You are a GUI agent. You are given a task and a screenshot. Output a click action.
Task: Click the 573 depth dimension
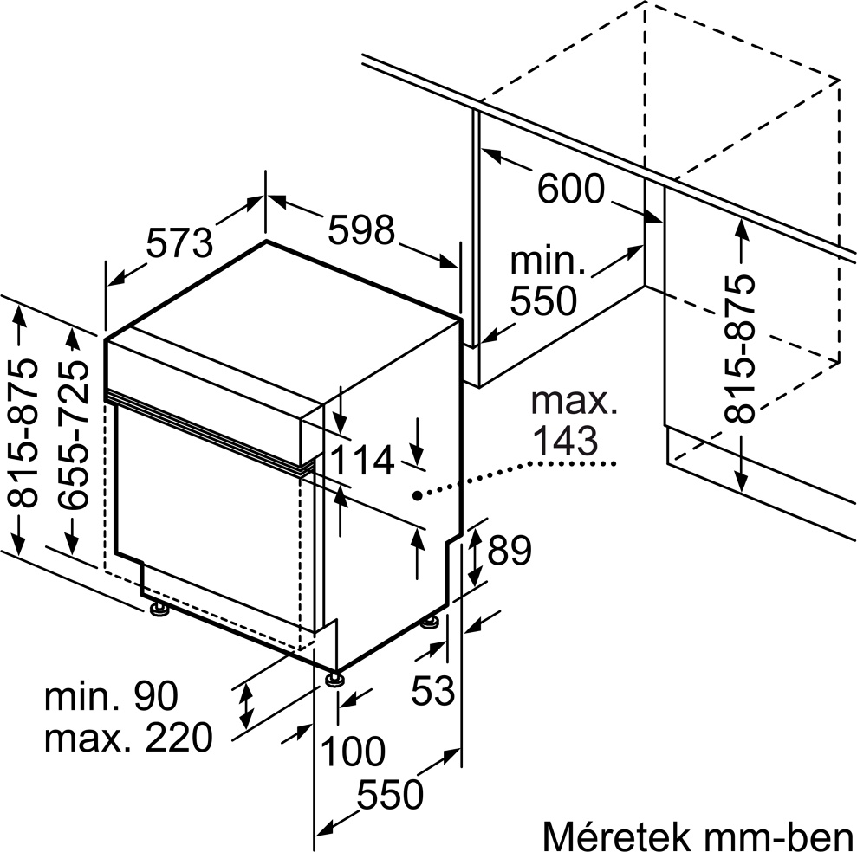point(179,242)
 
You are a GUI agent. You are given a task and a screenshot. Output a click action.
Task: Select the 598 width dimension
point(360,229)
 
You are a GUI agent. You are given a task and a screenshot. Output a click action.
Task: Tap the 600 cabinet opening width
point(570,189)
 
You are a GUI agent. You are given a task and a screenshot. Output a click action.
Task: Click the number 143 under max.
point(564,442)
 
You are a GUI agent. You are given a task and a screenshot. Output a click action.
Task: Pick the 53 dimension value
point(432,690)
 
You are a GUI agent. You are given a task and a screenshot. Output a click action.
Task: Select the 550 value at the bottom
point(391,794)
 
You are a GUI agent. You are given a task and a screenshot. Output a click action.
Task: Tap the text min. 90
point(111,694)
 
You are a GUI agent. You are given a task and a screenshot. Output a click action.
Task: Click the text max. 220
point(127,738)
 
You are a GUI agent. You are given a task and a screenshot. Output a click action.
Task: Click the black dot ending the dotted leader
point(418,496)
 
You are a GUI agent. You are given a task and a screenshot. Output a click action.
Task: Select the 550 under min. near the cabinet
point(543,300)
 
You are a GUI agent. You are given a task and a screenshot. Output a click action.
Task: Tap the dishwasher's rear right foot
point(431,622)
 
